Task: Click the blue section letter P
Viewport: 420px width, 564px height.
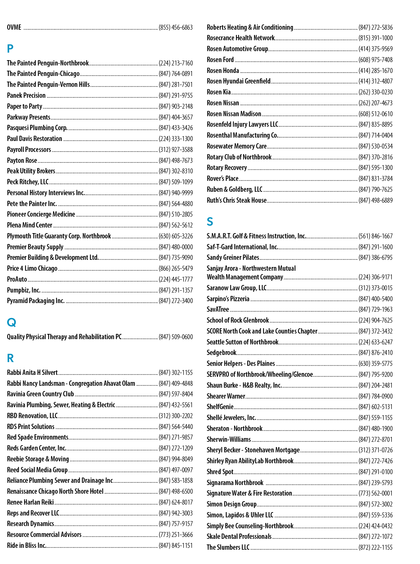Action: click(x=10, y=48)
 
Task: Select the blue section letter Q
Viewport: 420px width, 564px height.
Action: click(x=11, y=322)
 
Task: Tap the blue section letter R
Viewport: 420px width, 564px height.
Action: click(x=11, y=358)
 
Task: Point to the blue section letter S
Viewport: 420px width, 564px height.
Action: click(x=210, y=221)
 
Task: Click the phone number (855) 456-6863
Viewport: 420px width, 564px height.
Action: click(x=176, y=27)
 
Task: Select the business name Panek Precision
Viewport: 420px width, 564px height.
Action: click(x=26, y=96)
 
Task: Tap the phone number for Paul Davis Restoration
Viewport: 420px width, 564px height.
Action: click(x=176, y=139)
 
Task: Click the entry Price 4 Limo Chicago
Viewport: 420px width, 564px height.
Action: click(x=32, y=268)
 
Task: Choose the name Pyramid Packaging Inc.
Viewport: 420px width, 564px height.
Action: click(x=36, y=301)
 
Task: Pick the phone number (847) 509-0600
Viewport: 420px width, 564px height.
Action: click(x=176, y=337)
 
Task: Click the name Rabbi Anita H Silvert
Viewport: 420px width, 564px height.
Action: click(x=32, y=373)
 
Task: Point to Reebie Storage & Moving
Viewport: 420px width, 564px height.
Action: click(x=38, y=459)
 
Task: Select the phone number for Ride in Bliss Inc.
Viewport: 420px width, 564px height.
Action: click(x=176, y=546)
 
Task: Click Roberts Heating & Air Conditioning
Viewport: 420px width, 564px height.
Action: click(x=250, y=27)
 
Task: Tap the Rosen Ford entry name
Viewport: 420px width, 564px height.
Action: click(x=220, y=60)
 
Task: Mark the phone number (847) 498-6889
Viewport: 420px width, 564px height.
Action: click(x=376, y=200)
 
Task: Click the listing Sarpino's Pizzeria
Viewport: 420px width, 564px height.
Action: click(x=228, y=299)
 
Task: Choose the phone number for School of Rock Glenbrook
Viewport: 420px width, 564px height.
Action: click(x=376, y=320)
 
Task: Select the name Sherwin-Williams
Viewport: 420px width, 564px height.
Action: click(x=229, y=440)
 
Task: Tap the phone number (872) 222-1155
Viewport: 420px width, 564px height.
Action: click(x=376, y=547)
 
